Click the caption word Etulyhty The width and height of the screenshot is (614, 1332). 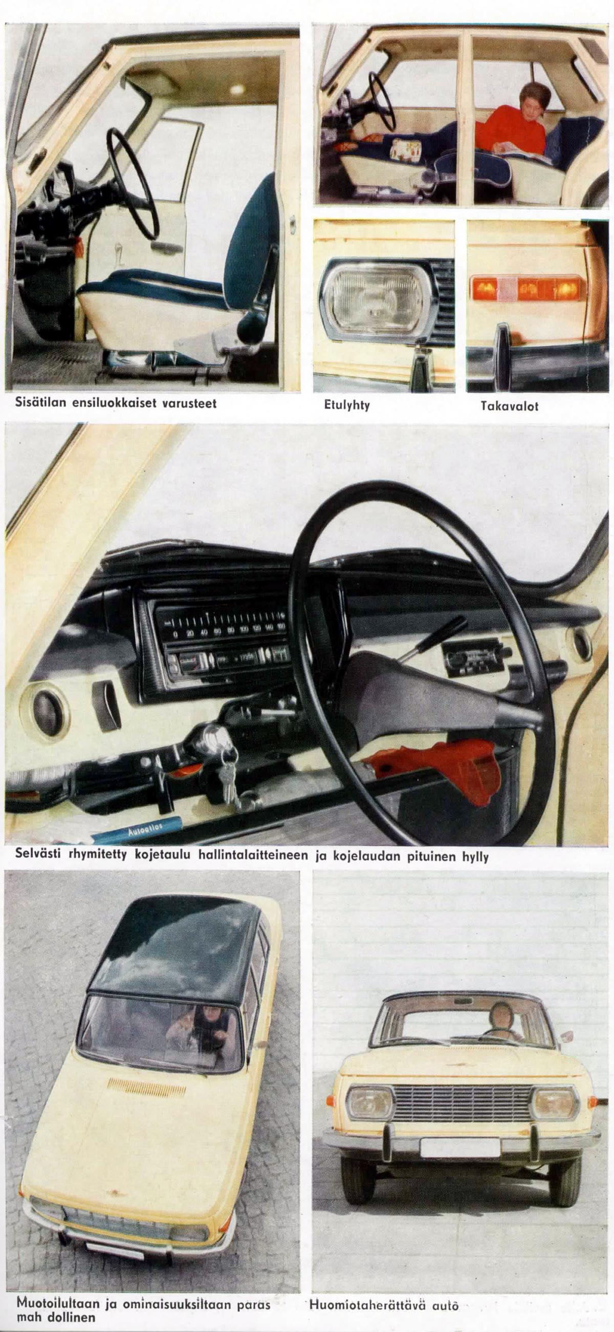(x=346, y=405)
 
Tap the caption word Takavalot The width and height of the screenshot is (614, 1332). (x=510, y=406)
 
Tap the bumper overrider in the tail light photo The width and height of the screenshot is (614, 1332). (x=503, y=357)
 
